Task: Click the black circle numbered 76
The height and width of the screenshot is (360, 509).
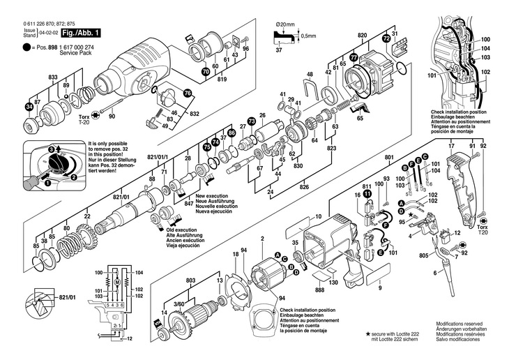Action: [186, 93]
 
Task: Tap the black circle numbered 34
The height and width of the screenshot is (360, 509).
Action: [29, 107]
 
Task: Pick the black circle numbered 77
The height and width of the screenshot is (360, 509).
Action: [354, 57]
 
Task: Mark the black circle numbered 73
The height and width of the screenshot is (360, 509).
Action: [251, 121]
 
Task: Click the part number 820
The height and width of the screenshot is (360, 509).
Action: [362, 34]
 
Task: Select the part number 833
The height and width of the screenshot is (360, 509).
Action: [53, 76]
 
